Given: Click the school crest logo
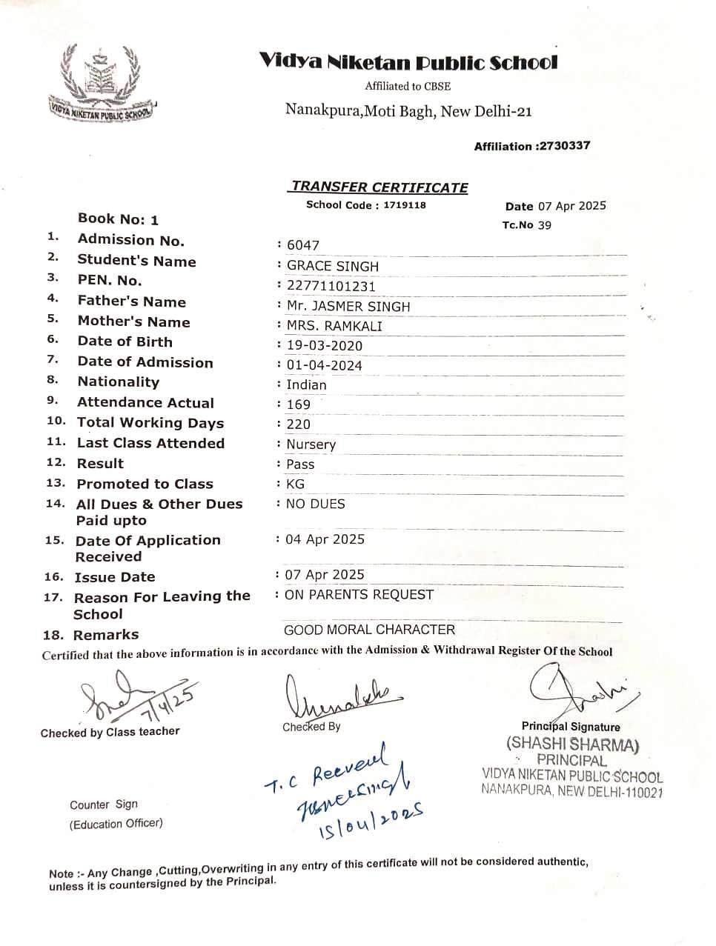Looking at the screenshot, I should click(102, 83).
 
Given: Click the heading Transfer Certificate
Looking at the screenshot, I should click(379, 187).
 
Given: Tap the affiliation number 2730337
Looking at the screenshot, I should click(563, 146).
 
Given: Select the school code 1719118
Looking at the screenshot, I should click(405, 205).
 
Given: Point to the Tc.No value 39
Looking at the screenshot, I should click(545, 225).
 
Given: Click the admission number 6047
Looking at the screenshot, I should click(303, 246).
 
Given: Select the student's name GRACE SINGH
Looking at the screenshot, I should click(333, 266).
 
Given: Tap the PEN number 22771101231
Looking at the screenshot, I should click(331, 286).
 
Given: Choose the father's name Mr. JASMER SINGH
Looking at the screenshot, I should click(348, 306).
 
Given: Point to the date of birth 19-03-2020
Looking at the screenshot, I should click(325, 345).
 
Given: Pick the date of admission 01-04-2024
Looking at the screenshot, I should click(325, 365).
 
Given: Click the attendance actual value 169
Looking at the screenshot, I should click(299, 404).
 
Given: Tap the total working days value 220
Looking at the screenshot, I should click(299, 424).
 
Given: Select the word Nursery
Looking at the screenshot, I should click(311, 444).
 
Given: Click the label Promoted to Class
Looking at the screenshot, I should click(145, 484).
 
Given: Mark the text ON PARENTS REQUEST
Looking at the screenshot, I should click(359, 594).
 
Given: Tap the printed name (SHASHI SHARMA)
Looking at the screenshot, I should click(572, 744).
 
